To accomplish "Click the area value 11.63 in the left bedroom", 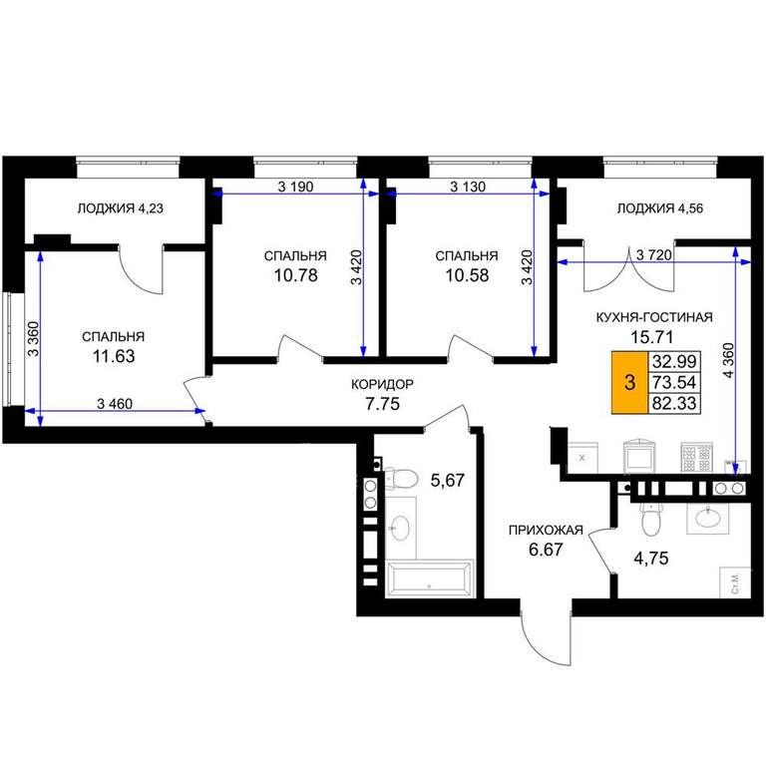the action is [x=114, y=356].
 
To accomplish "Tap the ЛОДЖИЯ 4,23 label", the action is [x=120, y=208].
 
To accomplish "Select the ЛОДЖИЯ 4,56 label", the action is [x=660, y=208].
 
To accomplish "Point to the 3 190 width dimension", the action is [x=295, y=187].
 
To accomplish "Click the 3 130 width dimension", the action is [x=468, y=187].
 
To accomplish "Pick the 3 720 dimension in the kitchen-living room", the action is [x=654, y=255].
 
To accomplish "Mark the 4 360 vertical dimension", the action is [x=728, y=361].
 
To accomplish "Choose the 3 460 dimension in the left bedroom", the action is [x=115, y=404].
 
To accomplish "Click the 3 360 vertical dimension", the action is [x=33, y=339].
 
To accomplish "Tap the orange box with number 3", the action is [x=629, y=382].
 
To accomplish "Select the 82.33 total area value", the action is [x=674, y=404].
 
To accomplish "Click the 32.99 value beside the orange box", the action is [x=674, y=361].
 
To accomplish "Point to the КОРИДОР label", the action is [x=383, y=384].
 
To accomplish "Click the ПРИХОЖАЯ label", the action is [x=546, y=530].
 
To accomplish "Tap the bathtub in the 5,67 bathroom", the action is [x=430, y=578].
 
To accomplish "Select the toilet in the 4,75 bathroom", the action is [x=650, y=521].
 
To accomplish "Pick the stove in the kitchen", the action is [x=696, y=458].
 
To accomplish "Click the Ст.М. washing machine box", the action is [x=735, y=582].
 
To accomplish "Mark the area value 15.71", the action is [x=652, y=336].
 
